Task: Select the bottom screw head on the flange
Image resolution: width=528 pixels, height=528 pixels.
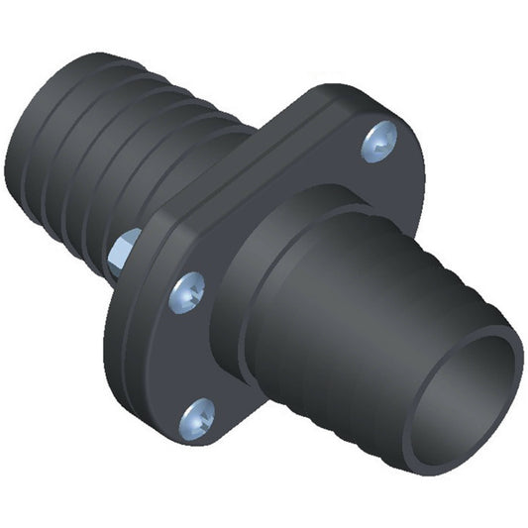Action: (197, 416)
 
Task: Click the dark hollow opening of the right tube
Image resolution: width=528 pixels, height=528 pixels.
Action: (465, 391)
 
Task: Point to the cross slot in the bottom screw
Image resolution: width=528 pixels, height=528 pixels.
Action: (197, 416)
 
